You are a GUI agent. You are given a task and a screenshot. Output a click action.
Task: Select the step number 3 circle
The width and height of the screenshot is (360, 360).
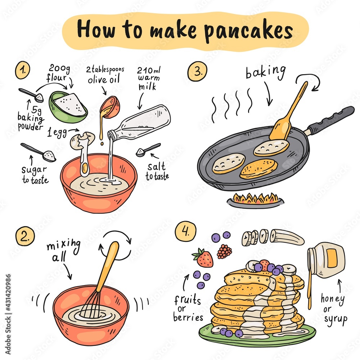coord(197,72)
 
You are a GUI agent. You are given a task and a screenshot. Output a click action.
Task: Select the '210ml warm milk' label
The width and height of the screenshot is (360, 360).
coord(148,77)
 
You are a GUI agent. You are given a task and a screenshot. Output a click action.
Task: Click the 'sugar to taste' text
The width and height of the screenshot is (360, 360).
coord(34,174)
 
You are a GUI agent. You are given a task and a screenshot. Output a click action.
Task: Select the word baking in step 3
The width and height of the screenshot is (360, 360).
coord(265,72)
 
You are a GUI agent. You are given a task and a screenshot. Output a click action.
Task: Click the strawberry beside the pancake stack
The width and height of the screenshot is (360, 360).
coord(204,258)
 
